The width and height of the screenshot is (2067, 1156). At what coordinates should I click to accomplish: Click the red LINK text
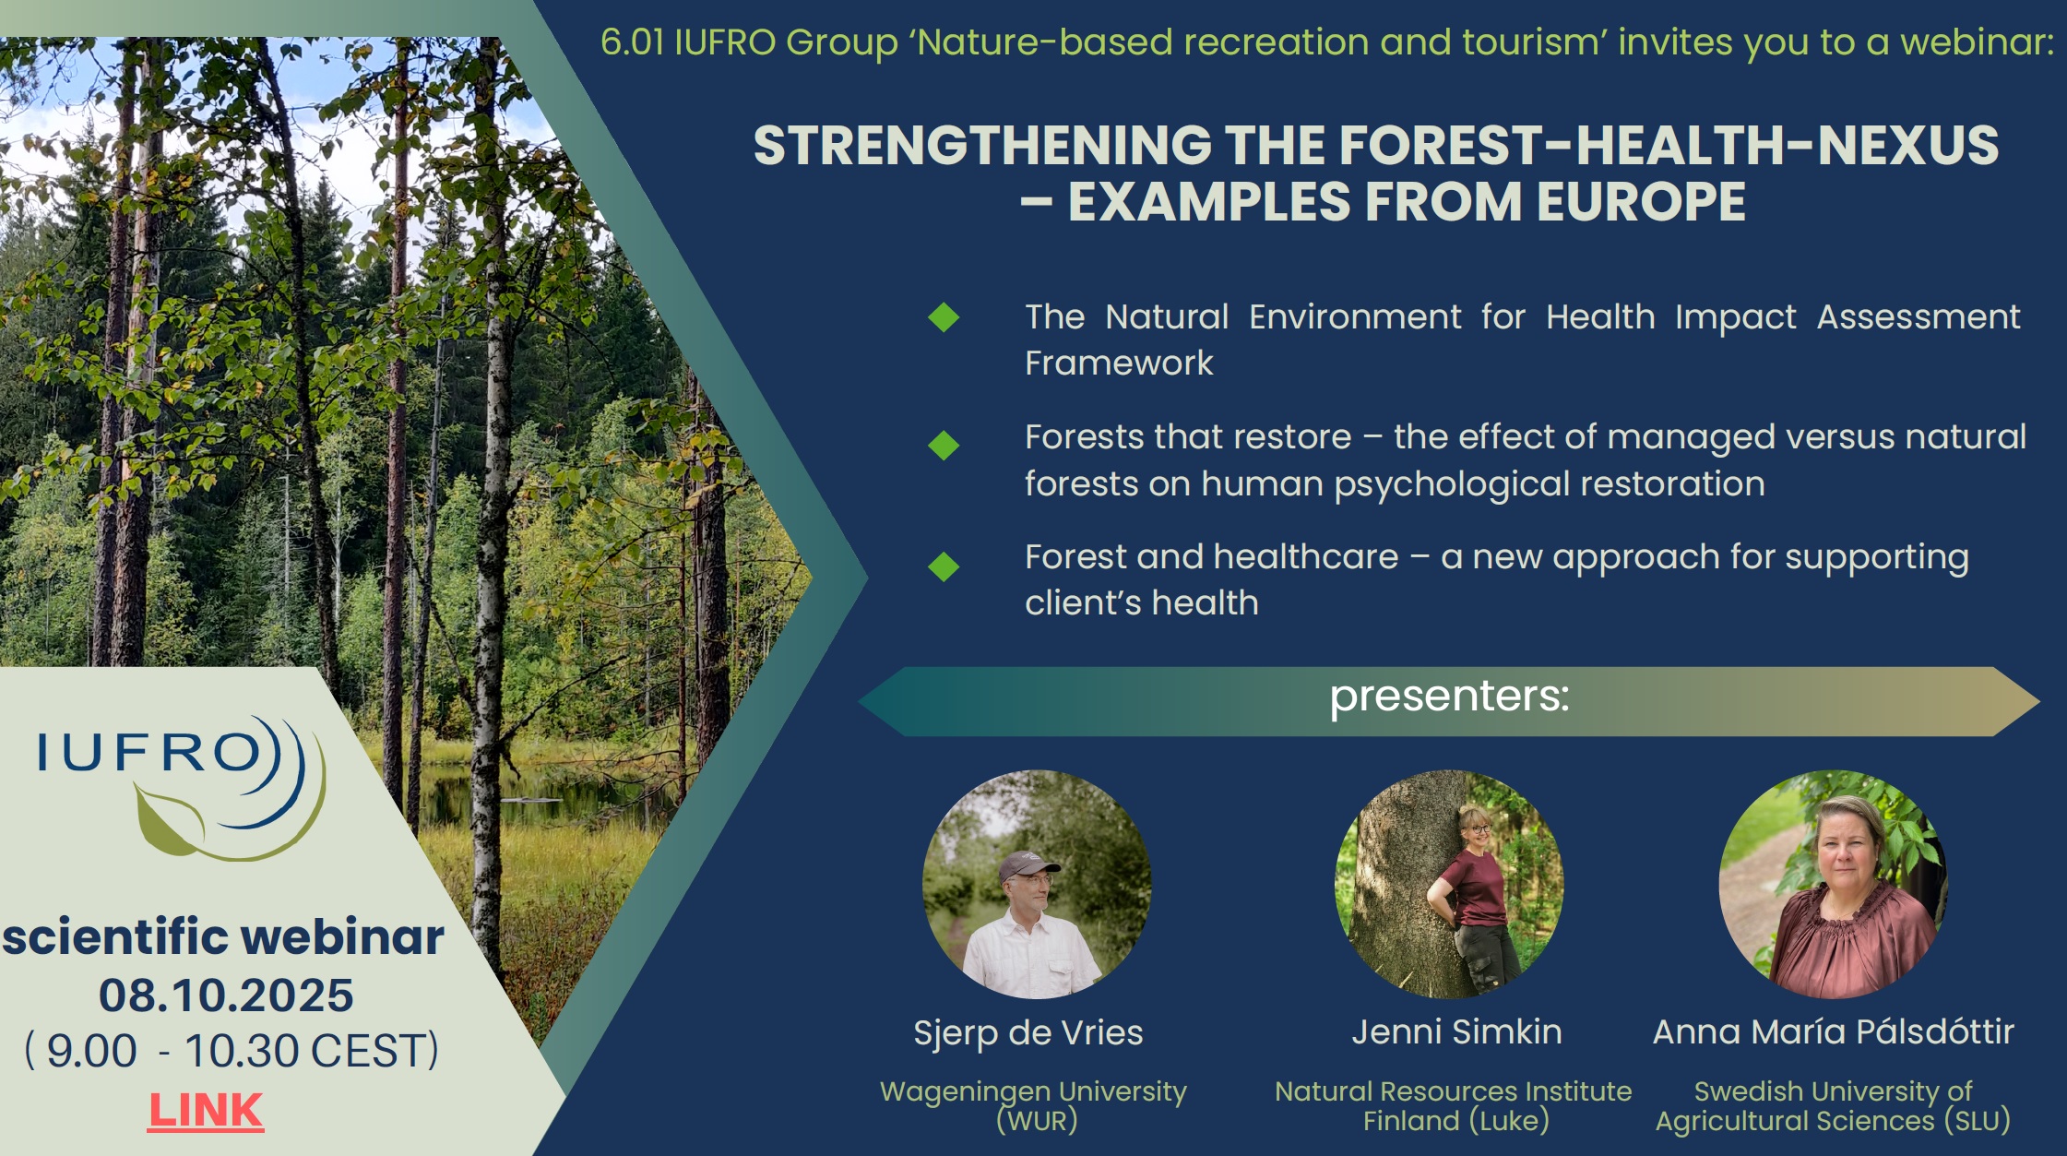pos(206,1110)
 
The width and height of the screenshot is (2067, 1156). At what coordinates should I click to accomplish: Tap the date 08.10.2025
pos(226,995)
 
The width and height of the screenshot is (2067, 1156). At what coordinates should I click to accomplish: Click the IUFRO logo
pos(181,787)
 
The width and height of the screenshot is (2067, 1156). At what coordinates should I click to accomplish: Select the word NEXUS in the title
pos(1907,146)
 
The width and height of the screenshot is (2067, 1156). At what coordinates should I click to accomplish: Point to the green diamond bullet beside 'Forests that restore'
pos(944,446)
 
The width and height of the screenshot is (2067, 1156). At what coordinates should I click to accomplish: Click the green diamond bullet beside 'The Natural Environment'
pos(944,317)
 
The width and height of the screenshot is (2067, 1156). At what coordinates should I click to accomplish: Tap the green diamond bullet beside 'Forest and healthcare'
pos(944,566)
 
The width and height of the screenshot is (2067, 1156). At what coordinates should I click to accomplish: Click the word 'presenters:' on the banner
pos(1449,697)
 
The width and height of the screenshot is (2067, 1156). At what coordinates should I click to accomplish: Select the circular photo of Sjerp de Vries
pos(1037,884)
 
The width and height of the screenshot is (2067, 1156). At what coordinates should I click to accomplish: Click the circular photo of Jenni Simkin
pos(1449,884)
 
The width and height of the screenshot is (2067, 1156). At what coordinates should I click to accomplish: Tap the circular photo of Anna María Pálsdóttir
pos(1834,884)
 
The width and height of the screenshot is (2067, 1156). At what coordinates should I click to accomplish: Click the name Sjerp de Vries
pos(1028,1033)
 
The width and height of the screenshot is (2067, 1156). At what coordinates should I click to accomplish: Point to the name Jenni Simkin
pos(1457,1031)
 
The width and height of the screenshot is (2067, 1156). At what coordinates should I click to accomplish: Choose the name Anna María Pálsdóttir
pos(1834,1031)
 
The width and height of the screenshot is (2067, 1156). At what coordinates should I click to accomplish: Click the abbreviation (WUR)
pos(1037,1121)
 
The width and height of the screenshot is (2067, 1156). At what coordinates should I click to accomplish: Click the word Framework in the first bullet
pos(1119,363)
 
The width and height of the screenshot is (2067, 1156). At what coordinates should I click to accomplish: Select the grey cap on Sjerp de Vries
pos(1028,865)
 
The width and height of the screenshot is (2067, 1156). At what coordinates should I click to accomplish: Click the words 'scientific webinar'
pos(223,937)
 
